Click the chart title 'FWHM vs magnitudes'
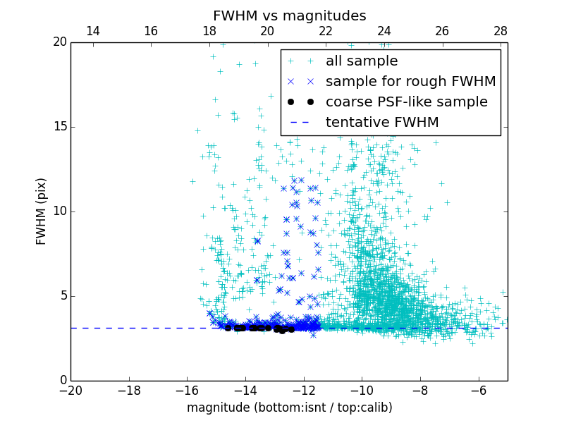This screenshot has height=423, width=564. [x=289, y=16]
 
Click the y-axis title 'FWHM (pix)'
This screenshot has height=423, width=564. [x=42, y=211]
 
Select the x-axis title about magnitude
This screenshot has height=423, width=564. [x=289, y=407]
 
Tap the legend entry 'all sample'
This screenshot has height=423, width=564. [x=361, y=61]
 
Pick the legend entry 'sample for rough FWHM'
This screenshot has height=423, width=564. [x=410, y=82]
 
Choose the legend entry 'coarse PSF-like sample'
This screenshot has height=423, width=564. [x=406, y=102]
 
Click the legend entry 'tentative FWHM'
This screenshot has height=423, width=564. [x=381, y=123]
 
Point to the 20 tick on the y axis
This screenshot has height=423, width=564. [x=58, y=42]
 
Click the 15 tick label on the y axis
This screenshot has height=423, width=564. [x=58, y=127]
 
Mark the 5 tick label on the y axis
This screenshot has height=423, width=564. [x=61, y=296]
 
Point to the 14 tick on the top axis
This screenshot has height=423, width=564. [x=92, y=31]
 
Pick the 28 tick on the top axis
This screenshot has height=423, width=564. [x=501, y=31]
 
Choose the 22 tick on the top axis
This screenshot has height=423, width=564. [x=326, y=31]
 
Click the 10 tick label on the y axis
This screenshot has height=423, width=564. [x=58, y=211]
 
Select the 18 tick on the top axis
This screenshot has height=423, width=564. [x=209, y=31]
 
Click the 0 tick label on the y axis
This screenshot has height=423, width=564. [x=61, y=381]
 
